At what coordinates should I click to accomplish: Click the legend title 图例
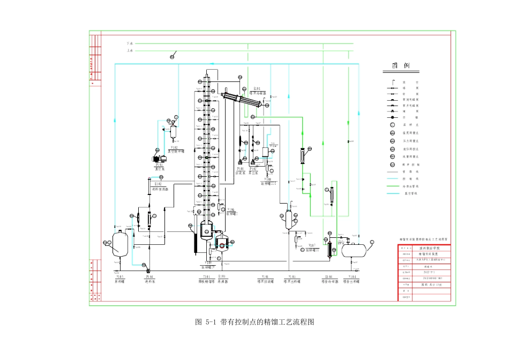click(x=400, y=66)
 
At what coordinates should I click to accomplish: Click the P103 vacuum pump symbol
click(x=159, y=159)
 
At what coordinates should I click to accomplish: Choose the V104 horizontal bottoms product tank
click(x=354, y=249)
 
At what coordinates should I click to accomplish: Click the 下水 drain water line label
click(x=130, y=43)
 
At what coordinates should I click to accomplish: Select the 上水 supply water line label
click(x=130, y=51)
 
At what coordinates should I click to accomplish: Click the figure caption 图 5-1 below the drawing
click(x=254, y=322)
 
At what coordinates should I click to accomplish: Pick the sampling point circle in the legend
click(x=392, y=125)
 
